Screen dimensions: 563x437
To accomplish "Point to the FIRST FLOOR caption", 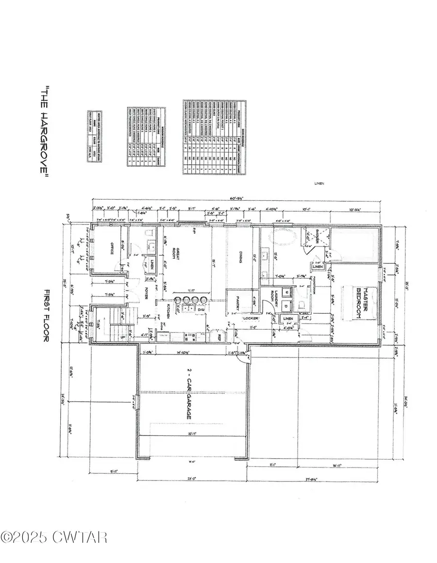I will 47,315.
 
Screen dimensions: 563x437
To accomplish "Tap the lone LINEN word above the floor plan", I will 319,183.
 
